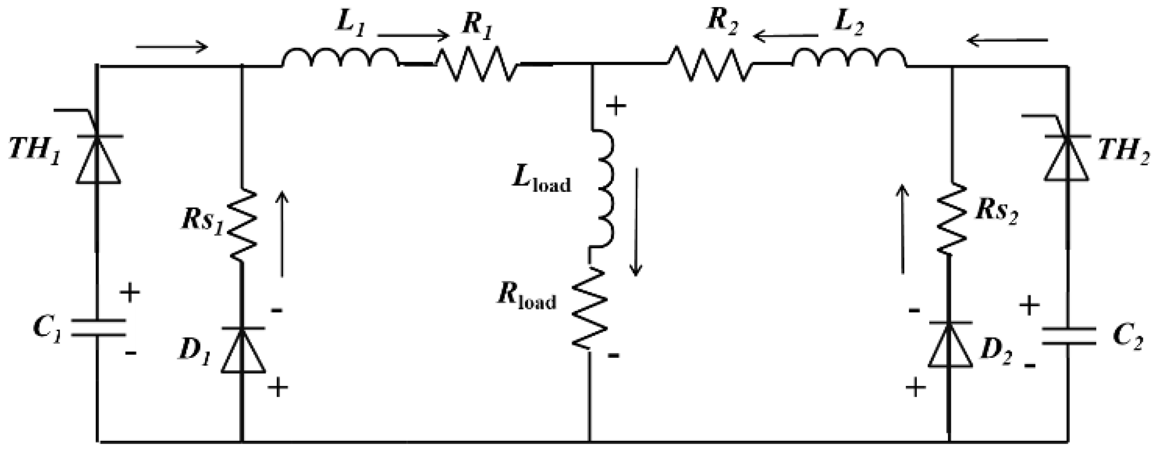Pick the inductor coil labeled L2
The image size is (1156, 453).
[849, 58]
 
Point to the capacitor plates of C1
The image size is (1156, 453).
[98, 327]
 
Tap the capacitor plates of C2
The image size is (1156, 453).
[1068, 335]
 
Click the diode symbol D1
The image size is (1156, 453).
[243, 350]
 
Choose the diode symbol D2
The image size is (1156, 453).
[950, 345]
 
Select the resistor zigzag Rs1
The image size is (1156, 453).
[243, 225]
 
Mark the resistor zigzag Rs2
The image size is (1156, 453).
[951, 219]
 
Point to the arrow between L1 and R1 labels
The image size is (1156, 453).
[413, 35]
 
